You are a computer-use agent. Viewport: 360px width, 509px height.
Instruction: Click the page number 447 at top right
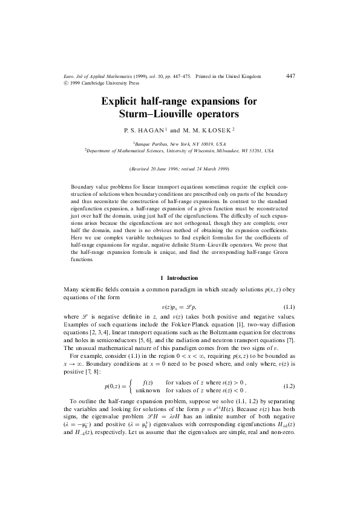tap(290, 76)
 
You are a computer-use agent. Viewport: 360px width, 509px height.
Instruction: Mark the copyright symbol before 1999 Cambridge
tap(65, 83)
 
